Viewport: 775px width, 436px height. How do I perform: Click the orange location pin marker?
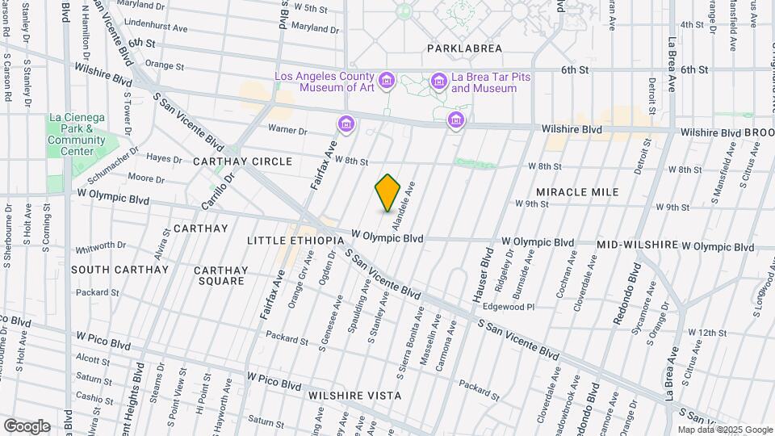(x=387, y=192)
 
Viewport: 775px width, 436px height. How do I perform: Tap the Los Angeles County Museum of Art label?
(x=325, y=82)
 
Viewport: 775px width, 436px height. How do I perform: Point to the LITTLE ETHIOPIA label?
(x=295, y=241)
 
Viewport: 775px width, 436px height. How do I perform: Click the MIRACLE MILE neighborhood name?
(x=577, y=192)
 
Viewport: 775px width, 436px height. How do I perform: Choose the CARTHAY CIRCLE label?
(x=242, y=161)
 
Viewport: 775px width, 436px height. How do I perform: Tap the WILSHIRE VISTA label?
(x=354, y=396)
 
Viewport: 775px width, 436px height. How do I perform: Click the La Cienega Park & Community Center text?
(x=77, y=134)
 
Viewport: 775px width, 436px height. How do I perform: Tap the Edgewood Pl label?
(x=509, y=307)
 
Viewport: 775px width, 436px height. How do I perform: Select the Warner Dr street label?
(x=288, y=130)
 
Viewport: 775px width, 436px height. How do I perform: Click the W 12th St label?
(x=708, y=333)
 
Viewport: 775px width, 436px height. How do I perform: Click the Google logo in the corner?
(x=27, y=426)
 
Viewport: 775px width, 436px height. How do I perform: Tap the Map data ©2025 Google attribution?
(x=724, y=430)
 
